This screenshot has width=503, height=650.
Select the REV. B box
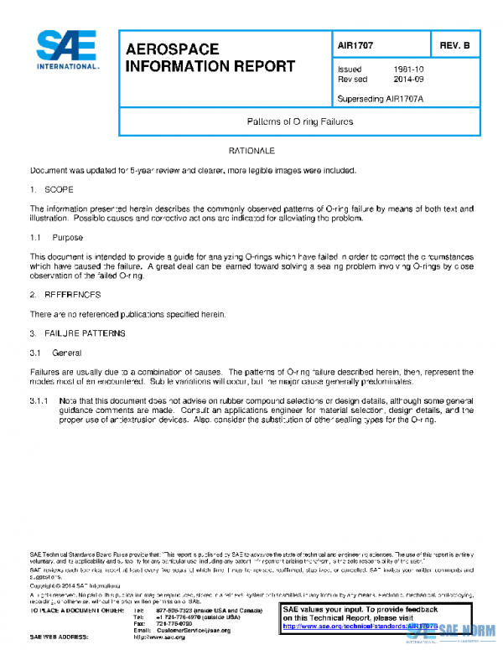(x=454, y=47)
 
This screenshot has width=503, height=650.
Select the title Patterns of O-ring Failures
(x=300, y=122)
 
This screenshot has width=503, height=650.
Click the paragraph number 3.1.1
(x=40, y=401)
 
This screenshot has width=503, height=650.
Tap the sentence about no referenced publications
(x=128, y=313)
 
